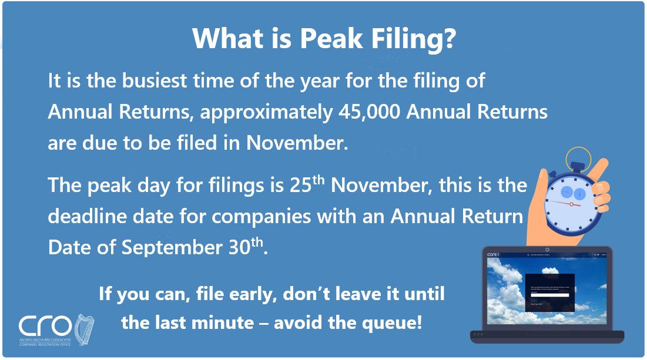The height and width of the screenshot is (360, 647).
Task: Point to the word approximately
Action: pos(266,112)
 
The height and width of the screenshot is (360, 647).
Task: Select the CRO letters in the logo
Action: pos(46,326)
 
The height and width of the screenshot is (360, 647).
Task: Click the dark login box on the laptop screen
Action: pos(549,292)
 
